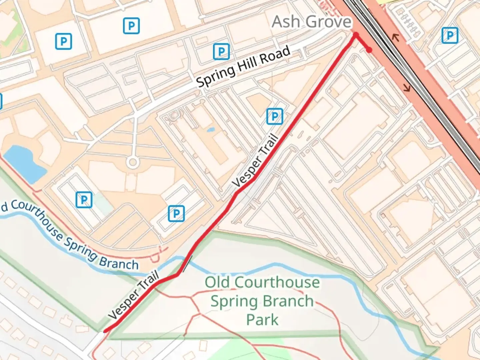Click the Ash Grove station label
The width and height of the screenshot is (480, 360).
coord(312,22)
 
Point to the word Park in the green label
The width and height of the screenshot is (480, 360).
coord(262,320)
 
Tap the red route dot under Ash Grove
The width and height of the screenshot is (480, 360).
coord(356,35)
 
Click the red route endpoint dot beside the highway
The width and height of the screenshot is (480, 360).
coord(369,50)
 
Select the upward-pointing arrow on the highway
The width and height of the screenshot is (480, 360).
coord(396,37)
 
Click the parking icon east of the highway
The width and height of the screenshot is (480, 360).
coord(450,35)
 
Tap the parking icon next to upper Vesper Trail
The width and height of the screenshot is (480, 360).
coord(275,116)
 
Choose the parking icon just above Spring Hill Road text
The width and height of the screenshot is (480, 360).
coord(221,51)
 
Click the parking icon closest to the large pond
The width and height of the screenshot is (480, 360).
coord(84,200)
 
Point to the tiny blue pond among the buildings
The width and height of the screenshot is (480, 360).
coord(210,130)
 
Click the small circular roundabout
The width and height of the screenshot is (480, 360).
coord(133,163)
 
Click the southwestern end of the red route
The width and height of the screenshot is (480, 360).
coord(105,331)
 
